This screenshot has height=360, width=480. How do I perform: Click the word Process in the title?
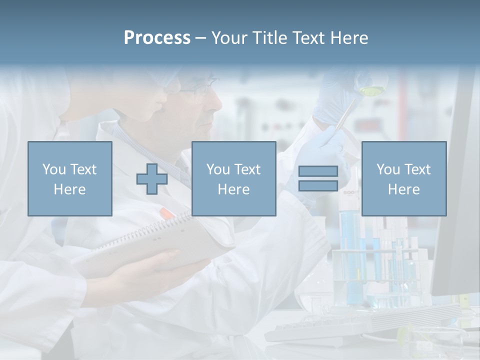point(157,38)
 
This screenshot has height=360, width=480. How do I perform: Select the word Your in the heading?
point(229,38)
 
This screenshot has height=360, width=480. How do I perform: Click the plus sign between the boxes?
point(152,178)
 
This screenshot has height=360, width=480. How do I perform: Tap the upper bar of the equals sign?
point(318,171)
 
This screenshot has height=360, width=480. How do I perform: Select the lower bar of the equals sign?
point(318,185)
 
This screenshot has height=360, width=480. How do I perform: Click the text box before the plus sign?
point(70,178)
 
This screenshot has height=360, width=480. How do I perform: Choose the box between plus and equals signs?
point(233,178)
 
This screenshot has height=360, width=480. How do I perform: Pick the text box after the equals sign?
point(404,178)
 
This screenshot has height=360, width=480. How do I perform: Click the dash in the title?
point(201,38)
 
